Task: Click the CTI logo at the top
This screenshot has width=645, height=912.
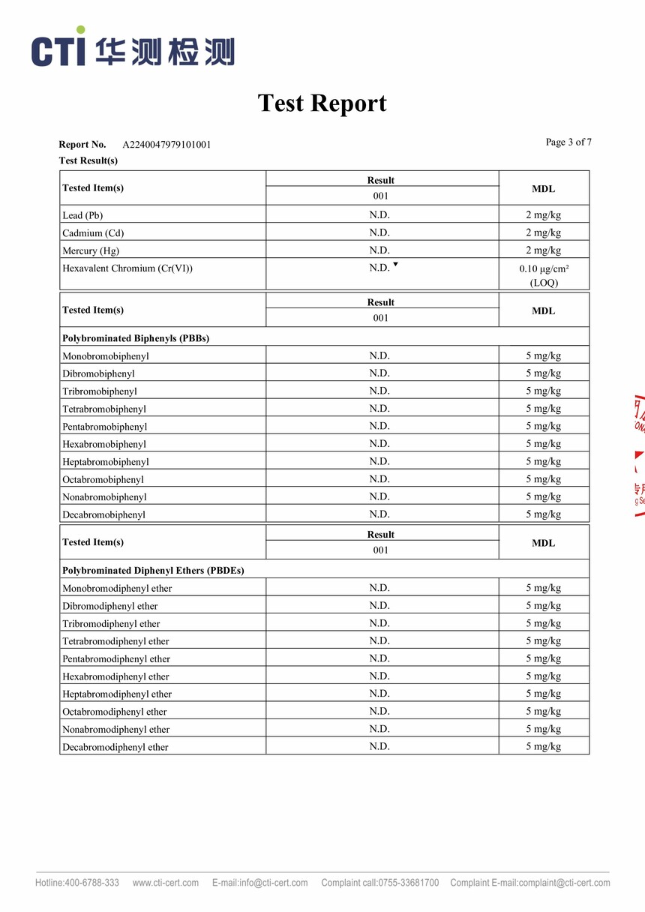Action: [x=132, y=49]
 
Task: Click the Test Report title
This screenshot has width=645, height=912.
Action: [x=322, y=103]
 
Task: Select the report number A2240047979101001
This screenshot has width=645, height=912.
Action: [x=166, y=145]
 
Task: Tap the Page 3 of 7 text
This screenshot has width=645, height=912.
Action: [x=568, y=142]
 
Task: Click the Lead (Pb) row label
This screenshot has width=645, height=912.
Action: [x=82, y=215]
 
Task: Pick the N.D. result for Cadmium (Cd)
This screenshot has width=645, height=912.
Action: [x=379, y=232]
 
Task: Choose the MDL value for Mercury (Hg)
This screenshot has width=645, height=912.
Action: [x=543, y=250]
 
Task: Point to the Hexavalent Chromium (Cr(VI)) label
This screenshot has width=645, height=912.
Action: [x=127, y=268]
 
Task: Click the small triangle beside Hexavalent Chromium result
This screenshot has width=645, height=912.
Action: [x=395, y=265]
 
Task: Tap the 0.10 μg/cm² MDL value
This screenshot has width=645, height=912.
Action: [x=544, y=268]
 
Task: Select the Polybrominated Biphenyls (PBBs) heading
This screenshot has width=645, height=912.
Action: [x=136, y=338]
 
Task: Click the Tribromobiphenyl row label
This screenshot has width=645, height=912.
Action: [x=100, y=391]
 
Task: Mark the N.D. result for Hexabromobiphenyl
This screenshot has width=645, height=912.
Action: [x=379, y=444]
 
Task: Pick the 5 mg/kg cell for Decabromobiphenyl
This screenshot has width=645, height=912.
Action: [x=543, y=514]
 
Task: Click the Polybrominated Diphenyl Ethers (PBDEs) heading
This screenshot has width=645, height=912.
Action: [x=153, y=571]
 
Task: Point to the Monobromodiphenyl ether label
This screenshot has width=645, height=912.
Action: [x=117, y=589]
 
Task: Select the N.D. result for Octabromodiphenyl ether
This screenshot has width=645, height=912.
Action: [x=379, y=711]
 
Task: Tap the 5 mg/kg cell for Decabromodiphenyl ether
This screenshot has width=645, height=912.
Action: [x=543, y=746]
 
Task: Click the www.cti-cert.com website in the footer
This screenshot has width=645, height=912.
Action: [x=166, y=883]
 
